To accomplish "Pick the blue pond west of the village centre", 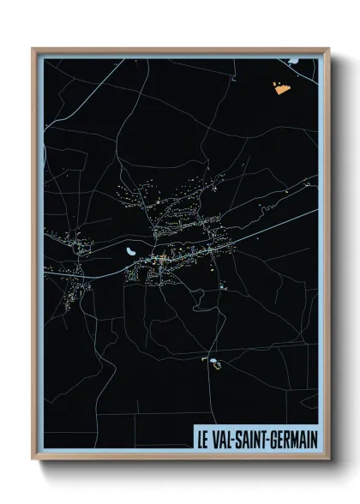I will click(x=129, y=253).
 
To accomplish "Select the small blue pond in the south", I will click(x=207, y=361).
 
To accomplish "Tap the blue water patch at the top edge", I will click(x=293, y=61).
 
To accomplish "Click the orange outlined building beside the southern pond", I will click(x=217, y=366).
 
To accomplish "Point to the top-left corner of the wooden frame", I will click(x=33, y=49).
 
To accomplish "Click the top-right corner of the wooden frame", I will click(x=328, y=49).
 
